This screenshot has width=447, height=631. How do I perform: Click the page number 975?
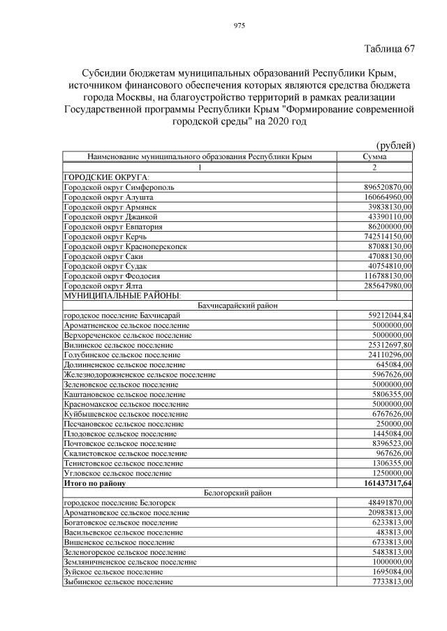(238, 26)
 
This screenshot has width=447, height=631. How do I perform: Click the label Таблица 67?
(390, 49)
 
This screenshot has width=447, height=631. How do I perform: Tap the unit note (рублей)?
(395, 145)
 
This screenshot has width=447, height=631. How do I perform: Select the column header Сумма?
(374, 157)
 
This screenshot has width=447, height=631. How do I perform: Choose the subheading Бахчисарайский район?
(237, 306)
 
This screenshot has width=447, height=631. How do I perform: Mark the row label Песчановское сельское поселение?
(124, 424)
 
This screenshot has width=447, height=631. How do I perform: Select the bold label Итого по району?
(95, 483)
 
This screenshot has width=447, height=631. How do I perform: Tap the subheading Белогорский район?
(237, 493)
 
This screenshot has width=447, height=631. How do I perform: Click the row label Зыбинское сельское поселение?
(118, 581)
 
